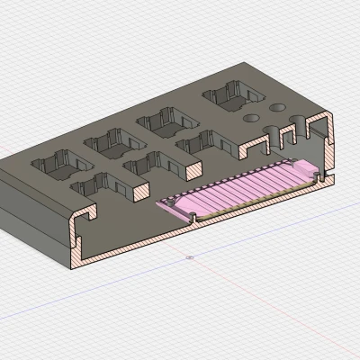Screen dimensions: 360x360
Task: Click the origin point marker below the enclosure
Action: [x=189, y=257]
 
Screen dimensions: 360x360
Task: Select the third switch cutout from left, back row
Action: [x=162, y=120]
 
